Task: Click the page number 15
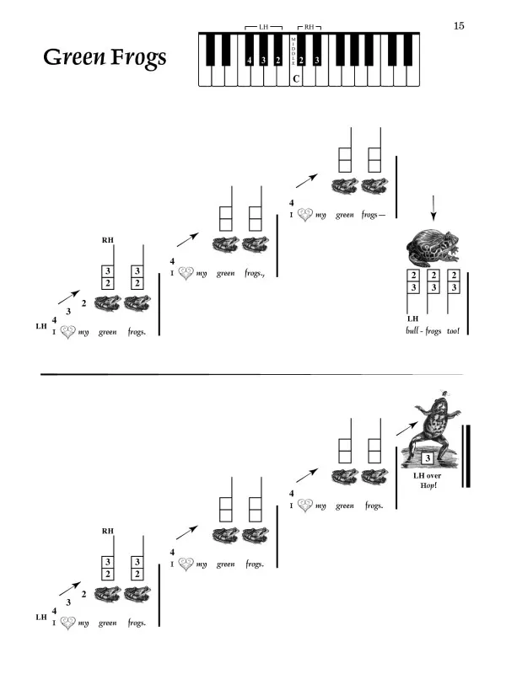pyautogui.click(x=459, y=26)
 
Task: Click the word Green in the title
pyautogui.click(x=74, y=56)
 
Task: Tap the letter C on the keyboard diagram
pyautogui.click(x=296, y=78)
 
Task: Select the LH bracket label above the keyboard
pyautogui.click(x=263, y=27)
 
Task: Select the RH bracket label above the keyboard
pyautogui.click(x=310, y=27)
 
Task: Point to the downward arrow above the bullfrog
pyautogui.click(x=433, y=208)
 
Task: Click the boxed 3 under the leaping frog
pyautogui.click(x=428, y=458)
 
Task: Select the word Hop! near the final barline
pyautogui.click(x=428, y=485)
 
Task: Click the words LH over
pyautogui.click(x=428, y=475)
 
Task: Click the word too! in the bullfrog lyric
pyautogui.click(x=453, y=330)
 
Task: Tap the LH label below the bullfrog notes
pyautogui.click(x=412, y=318)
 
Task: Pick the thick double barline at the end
pyautogui.click(x=466, y=456)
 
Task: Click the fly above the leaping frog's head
pyautogui.click(x=444, y=393)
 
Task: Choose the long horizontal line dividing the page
pyautogui.click(x=251, y=374)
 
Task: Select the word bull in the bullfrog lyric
pyautogui.click(x=412, y=330)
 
